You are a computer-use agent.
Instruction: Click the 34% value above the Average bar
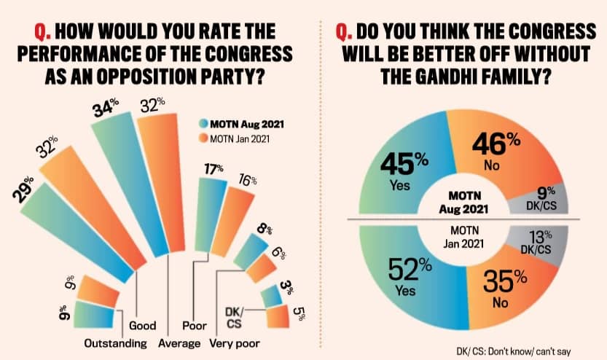point(107,111)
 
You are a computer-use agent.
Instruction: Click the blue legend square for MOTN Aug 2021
point(204,122)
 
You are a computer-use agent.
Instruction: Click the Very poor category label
point(235,343)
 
